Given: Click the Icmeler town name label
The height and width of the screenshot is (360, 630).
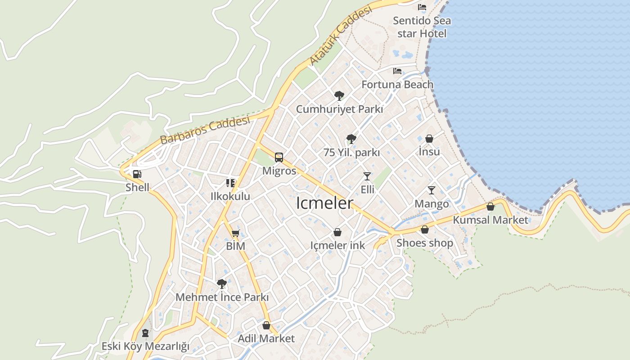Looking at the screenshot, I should [325, 203].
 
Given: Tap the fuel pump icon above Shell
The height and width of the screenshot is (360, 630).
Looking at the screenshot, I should [137, 174].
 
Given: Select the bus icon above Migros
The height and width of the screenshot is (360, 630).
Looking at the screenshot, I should [279, 157].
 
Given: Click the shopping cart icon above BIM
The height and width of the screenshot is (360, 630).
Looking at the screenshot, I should [235, 233].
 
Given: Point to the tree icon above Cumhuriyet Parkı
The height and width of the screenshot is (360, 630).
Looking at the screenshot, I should [339, 95].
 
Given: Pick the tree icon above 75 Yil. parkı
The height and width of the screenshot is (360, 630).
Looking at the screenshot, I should [351, 139].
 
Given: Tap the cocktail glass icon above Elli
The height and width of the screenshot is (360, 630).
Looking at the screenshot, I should [367, 176].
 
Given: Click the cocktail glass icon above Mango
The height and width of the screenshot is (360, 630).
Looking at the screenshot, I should [432, 190].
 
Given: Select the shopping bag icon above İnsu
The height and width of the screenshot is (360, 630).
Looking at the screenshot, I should [429, 139].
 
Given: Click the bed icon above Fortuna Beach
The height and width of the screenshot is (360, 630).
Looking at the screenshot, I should [397, 71].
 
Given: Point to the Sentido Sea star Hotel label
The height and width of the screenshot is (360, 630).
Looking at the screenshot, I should [422, 27].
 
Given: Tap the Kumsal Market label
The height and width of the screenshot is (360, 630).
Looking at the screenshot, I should [490, 220].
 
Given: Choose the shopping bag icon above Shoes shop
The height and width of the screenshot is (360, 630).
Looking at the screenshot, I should [425, 230].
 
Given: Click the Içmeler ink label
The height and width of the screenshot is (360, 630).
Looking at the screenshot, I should [337, 245].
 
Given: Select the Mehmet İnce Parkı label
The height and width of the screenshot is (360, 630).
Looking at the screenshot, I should [222, 297].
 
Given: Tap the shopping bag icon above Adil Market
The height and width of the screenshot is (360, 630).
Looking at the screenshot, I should [266, 325].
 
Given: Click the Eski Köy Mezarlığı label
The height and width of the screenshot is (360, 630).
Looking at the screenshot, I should [145, 346].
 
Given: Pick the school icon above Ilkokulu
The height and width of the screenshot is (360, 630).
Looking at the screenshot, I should [230, 183].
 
